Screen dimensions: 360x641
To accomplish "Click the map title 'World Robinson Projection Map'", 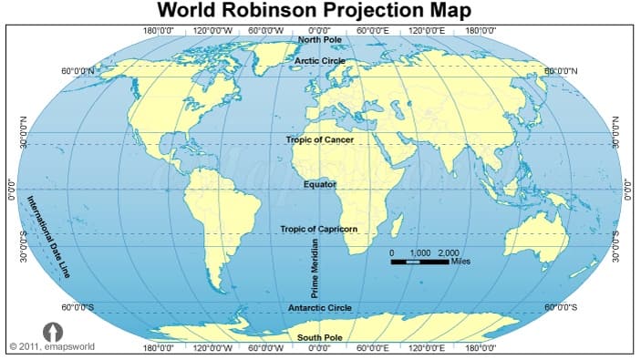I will [315, 10].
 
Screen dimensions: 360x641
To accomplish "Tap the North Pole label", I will [320, 40].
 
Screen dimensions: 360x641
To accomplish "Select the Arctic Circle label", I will [319, 60].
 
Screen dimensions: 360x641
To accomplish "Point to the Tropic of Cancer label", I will [319, 139].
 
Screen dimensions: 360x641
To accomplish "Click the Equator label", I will [320, 184].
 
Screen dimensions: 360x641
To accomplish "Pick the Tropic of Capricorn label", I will [318, 229].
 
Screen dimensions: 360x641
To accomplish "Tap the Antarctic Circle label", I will [319, 308].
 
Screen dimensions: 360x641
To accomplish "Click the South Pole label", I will [320, 337].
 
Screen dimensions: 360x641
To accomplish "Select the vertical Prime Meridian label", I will [315, 268].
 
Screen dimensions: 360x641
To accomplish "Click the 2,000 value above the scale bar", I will [449, 252].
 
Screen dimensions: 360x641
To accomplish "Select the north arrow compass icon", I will [52, 332].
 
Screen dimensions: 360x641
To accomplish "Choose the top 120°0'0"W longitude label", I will [213, 30].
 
